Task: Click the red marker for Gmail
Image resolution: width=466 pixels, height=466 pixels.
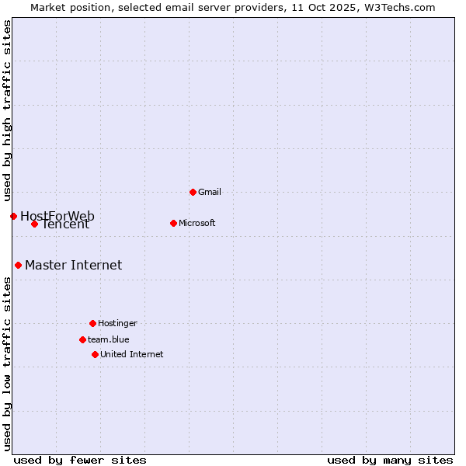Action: pyautogui.click(x=193, y=192)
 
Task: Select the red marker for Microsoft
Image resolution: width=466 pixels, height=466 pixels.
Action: pyautogui.click(x=173, y=223)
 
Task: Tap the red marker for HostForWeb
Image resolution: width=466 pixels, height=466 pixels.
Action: pyautogui.click(x=13, y=216)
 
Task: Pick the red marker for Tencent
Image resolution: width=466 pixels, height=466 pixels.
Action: pyautogui.click(x=34, y=224)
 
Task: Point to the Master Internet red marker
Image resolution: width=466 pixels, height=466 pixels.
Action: pyautogui.click(x=18, y=265)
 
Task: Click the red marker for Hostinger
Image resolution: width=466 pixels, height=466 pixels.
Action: pyautogui.click(x=92, y=323)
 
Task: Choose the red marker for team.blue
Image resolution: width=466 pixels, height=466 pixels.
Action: pyautogui.click(x=82, y=339)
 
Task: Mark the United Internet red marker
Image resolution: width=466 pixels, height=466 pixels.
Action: pyautogui.click(x=95, y=354)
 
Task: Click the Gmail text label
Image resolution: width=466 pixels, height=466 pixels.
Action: pyautogui.click(x=210, y=192)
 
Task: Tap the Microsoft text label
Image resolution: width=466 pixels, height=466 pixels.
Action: pyautogui.click(x=197, y=223)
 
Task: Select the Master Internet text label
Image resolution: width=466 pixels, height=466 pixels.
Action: pyautogui.click(x=73, y=265)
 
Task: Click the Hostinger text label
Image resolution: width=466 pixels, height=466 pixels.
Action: pyautogui.click(x=117, y=323)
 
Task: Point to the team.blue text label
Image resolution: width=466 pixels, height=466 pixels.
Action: pyautogui.click(x=109, y=339)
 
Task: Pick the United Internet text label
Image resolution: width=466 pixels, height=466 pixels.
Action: pyautogui.click(x=132, y=354)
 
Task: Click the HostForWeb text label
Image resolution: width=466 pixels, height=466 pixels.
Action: pyautogui.click(x=57, y=215)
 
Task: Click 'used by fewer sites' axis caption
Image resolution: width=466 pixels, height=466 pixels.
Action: pyautogui.click(x=80, y=460)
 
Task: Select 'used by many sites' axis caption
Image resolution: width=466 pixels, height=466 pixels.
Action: pyautogui.click(x=390, y=460)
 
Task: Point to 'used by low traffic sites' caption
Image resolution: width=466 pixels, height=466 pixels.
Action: pyautogui.click(x=7, y=363)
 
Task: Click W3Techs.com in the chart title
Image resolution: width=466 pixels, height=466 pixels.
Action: pyautogui.click(x=397, y=7)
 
